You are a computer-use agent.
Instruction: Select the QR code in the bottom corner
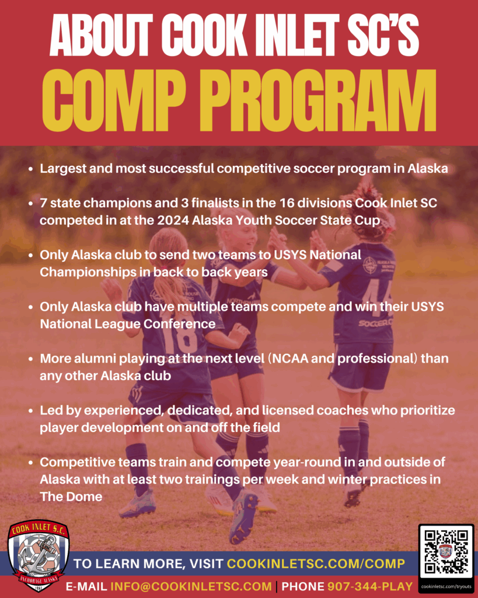[446, 552]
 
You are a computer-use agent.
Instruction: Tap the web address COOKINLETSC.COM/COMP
[316, 564]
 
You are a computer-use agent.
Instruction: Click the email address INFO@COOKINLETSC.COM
[191, 586]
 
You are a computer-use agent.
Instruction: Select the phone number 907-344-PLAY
[370, 586]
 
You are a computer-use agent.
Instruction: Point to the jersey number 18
[179, 338]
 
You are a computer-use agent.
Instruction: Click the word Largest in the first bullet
[63, 169]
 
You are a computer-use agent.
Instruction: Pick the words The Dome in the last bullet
[71, 496]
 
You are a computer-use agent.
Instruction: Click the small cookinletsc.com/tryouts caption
[446, 586]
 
